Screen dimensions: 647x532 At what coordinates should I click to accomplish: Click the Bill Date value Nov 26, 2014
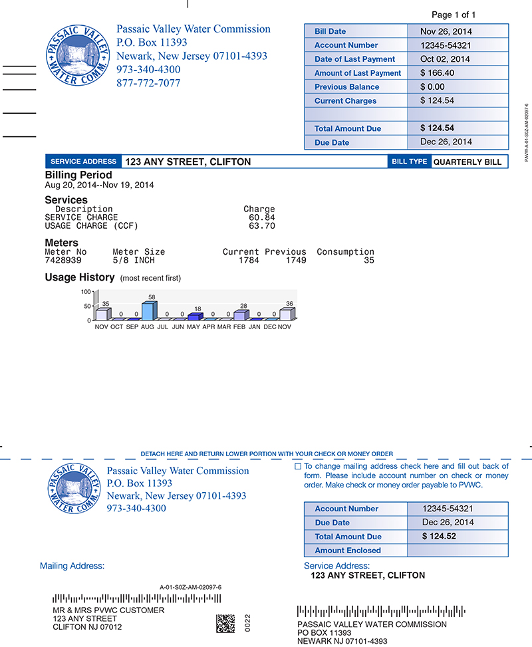click(x=446, y=31)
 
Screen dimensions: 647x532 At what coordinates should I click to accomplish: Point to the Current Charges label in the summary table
click(x=345, y=101)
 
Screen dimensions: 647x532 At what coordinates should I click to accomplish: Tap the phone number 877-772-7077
click(x=148, y=83)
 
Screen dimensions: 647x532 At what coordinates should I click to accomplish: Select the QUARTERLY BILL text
click(x=467, y=162)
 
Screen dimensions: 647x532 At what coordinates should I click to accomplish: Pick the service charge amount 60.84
click(x=261, y=217)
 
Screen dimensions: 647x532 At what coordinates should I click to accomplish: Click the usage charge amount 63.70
click(x=261, y=226)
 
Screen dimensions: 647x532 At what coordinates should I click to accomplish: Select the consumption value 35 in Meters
click(x=368, y=261)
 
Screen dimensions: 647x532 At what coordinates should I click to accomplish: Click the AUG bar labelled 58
click(x=148, y=311)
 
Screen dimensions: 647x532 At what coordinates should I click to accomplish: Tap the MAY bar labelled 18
click(x=194, y=317)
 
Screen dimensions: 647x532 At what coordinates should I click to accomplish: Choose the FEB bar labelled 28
click(x=239, y=315)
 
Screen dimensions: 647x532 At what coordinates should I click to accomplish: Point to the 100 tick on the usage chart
click(x=86, y=292)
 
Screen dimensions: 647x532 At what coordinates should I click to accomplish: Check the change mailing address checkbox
click(x=298, y=467)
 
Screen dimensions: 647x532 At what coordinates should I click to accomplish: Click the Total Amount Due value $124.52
click(x=439, y=537)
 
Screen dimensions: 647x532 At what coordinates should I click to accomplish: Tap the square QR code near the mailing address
click(x=225, y=623)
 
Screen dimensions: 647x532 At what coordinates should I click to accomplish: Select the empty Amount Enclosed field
click(x=458, y=551)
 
